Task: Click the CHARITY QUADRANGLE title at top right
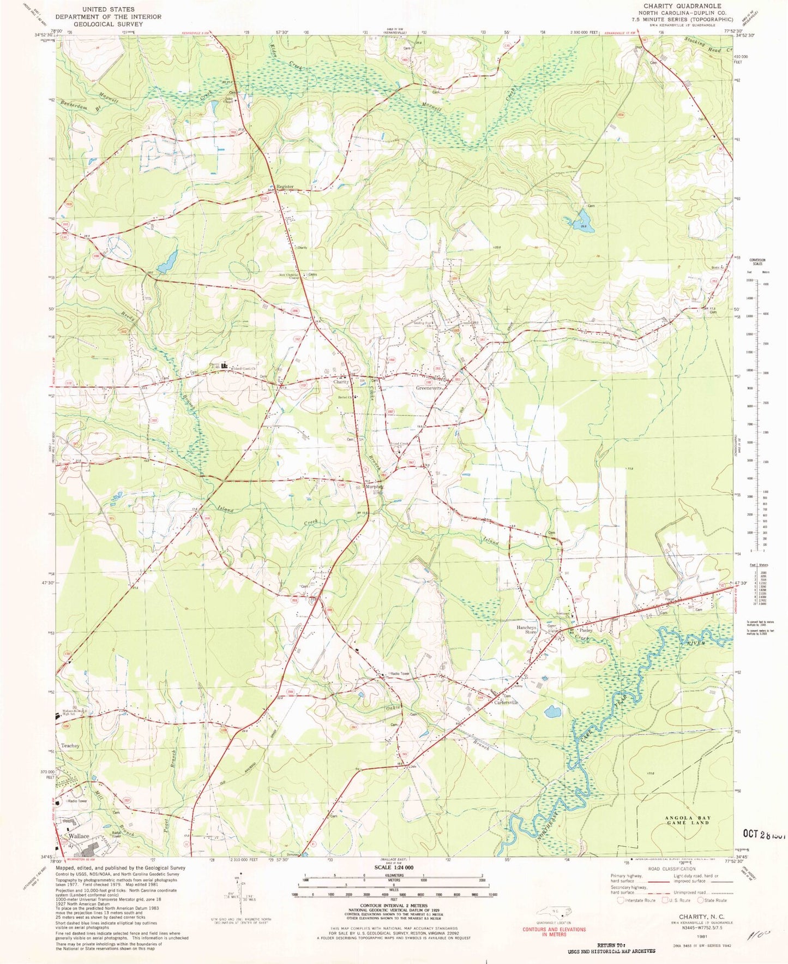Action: [x=682, y=6]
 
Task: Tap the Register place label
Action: [x=285, y=187]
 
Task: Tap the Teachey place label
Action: [x=70, y=745]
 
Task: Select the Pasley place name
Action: [x=586, y=630]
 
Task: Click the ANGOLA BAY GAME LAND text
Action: [x=689, y=820]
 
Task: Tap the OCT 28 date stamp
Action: [x=764, y=834]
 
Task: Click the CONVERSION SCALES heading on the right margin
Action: [x=756, y=261]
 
